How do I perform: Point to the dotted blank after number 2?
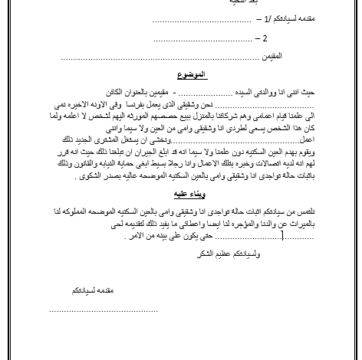204,38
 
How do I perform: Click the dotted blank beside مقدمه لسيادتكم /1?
192,18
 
